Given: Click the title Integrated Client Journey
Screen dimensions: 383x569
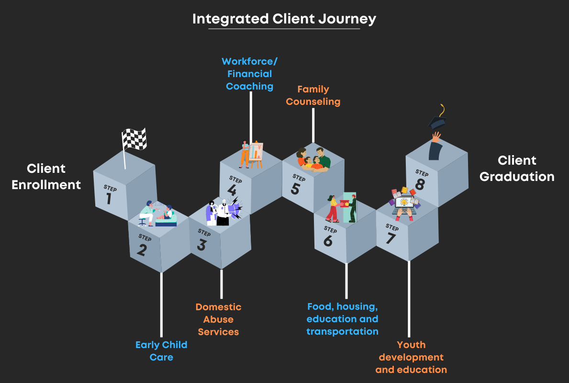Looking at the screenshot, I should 284,19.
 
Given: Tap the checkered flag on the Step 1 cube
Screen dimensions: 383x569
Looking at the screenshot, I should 134,139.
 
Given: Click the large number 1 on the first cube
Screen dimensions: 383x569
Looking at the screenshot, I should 109,198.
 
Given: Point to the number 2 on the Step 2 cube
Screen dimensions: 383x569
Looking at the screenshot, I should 142,249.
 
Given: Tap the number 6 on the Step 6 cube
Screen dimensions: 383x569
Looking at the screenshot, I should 328,240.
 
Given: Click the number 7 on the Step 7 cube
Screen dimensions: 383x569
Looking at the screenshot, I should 390,237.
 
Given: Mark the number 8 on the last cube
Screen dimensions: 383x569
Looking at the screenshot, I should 420,184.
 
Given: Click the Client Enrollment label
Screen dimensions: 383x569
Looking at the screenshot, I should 46,176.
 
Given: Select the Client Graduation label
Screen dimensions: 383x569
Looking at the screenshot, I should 517,169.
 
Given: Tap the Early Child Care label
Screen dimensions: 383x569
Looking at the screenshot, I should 161,351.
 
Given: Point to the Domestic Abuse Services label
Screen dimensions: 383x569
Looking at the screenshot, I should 218,319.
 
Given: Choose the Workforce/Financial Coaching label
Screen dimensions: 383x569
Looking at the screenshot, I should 249,74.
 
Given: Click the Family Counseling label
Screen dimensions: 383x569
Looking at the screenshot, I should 313,95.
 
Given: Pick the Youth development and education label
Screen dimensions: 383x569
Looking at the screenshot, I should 411,357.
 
